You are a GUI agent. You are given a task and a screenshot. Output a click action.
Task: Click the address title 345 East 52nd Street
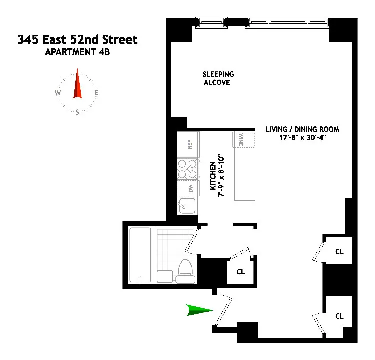coord(77,40)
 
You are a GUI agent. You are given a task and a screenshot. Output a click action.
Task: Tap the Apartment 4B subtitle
coord(77,51)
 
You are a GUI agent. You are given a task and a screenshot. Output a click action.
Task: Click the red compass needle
coord(77,85)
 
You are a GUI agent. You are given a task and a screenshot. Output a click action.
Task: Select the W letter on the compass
coord(58,93)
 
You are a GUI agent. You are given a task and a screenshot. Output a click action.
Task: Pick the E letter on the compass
coord(96,93)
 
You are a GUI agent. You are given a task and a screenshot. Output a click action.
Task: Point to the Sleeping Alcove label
coord(218,78)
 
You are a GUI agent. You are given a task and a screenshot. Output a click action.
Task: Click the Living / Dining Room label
coord(302,129)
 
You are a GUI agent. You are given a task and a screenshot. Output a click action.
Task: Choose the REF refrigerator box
coord(189,144)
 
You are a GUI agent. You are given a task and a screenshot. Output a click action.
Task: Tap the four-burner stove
coord(188,168)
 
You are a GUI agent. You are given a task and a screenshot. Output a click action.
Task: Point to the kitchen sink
coord(188,205)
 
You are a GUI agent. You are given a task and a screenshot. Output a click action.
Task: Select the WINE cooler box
coord(241,140)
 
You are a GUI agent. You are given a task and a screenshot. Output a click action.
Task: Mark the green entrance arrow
coord(199,310)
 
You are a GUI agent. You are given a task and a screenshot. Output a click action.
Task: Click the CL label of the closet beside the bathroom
coord(240,272)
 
